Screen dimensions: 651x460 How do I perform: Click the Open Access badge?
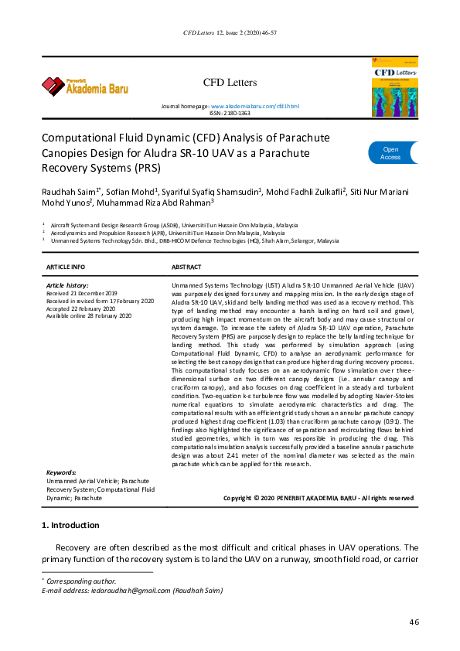(390, 153)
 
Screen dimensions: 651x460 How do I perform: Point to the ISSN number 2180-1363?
(230, 113)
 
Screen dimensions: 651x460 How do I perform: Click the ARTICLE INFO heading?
(66, 267)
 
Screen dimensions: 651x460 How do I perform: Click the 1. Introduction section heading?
(70, 526)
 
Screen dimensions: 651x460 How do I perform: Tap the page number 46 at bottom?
(414, 622)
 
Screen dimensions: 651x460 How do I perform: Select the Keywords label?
(61, 472)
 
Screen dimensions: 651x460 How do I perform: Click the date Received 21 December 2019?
(82, 294)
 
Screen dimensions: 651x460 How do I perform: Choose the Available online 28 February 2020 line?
(89, 315)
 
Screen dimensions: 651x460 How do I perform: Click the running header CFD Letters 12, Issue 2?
(230, 35)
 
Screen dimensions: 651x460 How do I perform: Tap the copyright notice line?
(318, 498)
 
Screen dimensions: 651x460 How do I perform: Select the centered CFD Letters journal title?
(230, 82)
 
